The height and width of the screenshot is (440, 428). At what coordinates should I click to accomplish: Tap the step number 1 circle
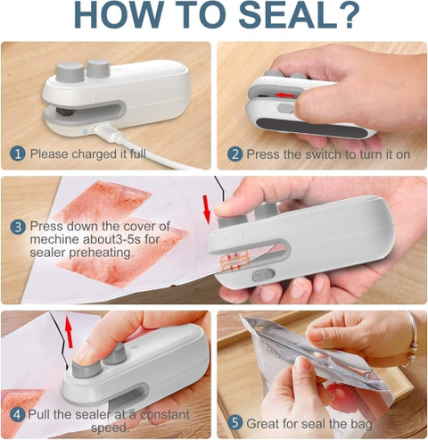coord(17,154)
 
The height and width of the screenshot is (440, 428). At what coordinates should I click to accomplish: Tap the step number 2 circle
coord(235,154)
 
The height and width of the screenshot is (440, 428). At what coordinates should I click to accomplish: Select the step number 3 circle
coord(17,227)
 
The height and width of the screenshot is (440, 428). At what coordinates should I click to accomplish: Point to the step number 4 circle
coord(17,414)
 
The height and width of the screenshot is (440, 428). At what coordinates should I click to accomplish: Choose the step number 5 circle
coord(235,422)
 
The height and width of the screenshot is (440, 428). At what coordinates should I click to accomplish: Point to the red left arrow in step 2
coord(283,93)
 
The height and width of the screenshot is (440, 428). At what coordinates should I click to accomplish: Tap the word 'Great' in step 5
coord(268,422)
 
